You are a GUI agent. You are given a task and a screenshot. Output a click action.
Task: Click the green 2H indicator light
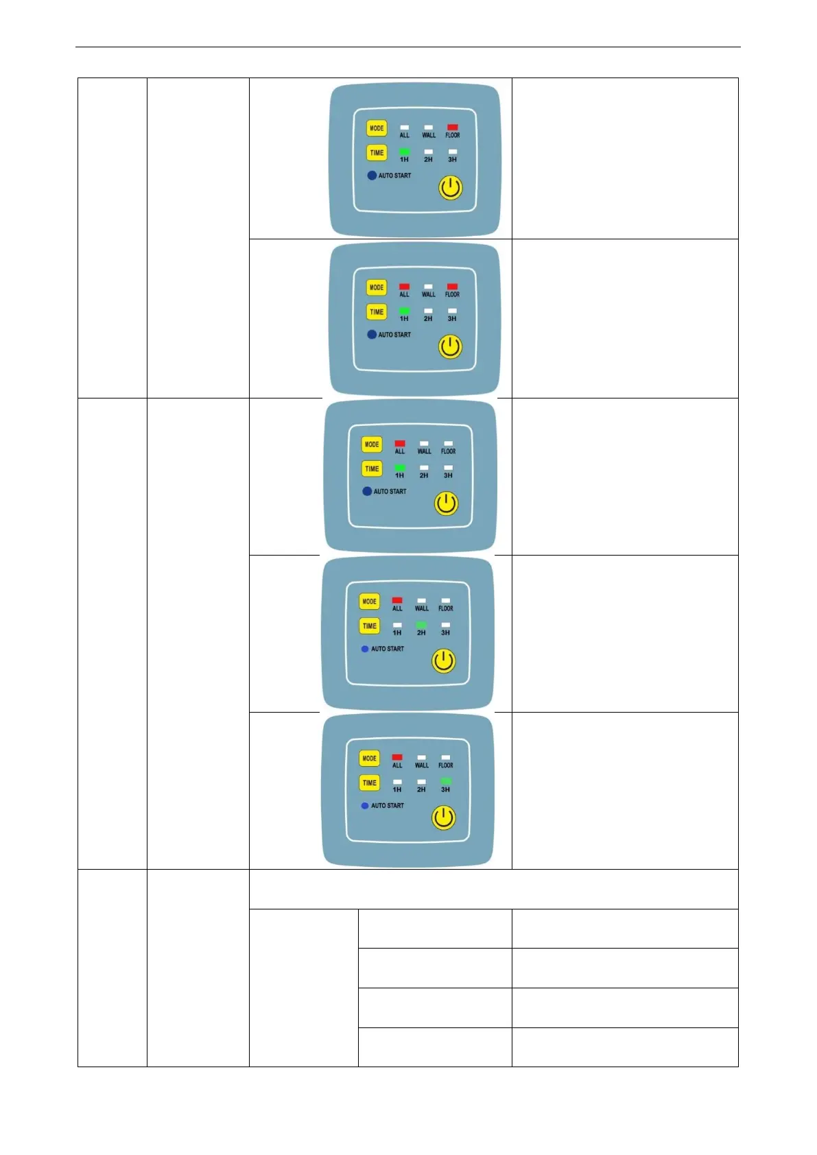click(x=421, y=626)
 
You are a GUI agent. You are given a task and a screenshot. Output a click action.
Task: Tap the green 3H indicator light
click(x=446, y=781)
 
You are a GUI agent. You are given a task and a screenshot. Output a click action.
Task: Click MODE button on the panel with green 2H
click(x=369, y=602)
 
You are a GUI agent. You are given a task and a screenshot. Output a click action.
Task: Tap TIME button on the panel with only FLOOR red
click(x=377, y=153)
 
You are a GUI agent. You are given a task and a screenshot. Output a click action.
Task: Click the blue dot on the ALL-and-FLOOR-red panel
click(x=372, y=335)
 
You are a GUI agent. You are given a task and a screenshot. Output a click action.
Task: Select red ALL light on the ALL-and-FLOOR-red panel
click(x=404, y=287)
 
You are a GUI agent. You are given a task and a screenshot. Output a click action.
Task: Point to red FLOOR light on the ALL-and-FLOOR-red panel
click(x=452, y=287)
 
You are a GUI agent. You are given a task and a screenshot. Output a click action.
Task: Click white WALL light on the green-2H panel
click(x=421, y=601)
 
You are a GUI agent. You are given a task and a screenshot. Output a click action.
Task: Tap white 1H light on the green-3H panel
click(x=397, y=782)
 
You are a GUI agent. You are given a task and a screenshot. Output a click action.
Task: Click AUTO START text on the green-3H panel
click(x=388, y=806)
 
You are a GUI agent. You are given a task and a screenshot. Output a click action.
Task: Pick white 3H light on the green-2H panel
click(x=446, y=626)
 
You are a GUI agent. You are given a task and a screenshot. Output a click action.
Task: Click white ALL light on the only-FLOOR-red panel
click(x=405, y=128)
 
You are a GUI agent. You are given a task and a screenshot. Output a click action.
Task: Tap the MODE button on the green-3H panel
click(x=369, y=759)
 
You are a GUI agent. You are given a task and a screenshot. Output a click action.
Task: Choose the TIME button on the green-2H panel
click(x=369, y=626)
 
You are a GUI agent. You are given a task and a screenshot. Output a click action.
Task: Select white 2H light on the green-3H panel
click(x=421, y=782)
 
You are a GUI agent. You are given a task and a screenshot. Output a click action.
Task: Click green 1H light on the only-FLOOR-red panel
click(x=405, y=152)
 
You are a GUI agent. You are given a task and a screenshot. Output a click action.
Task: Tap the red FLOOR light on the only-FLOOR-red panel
click(x=453, y=128)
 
